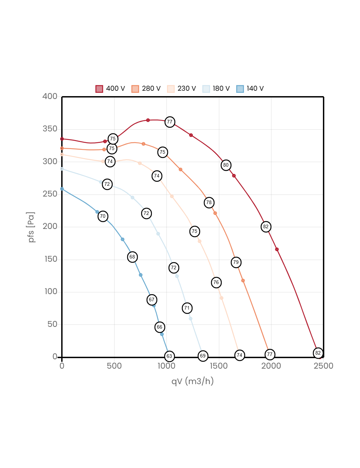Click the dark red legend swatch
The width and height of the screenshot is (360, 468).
tap(99, 89)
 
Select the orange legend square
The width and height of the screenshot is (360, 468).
tap(135, 89)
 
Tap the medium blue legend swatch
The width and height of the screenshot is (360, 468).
tap(240, 89)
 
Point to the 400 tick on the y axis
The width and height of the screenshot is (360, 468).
tap(50, 96)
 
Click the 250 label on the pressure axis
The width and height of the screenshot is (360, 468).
tap(50, 194)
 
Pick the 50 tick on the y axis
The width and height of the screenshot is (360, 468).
tap(52, 324)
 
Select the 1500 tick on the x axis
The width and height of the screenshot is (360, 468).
tap(219, 366)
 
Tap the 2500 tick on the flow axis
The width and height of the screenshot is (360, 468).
tap(323, 366)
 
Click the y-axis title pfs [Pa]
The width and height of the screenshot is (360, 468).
tap(32, 227)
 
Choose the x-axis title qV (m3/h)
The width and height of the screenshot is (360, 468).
tap(193, 381)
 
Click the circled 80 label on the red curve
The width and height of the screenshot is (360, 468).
tap(226, 165)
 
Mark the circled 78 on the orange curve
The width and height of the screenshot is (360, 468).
tap(209, 203)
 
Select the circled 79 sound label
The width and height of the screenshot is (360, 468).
tap(236, 262)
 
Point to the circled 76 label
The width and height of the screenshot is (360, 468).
tap(216, 283)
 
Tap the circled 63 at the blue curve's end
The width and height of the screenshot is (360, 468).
tap(169, 356)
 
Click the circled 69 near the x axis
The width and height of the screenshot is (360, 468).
tap(203, 356)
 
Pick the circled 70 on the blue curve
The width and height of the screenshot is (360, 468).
tap(103, 216)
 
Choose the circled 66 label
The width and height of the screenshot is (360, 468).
tap(159, 327)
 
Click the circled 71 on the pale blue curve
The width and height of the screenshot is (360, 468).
tap(186, 308)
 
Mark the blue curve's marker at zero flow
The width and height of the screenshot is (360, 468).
tap(62, 189)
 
